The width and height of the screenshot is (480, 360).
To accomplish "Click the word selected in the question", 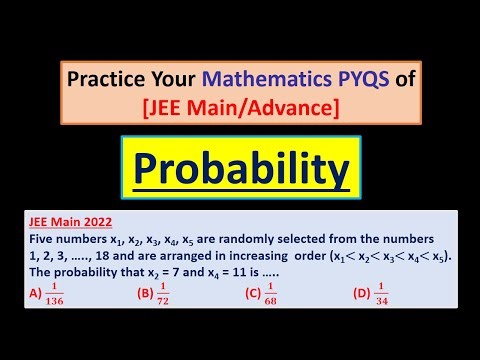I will pos(318,240).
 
